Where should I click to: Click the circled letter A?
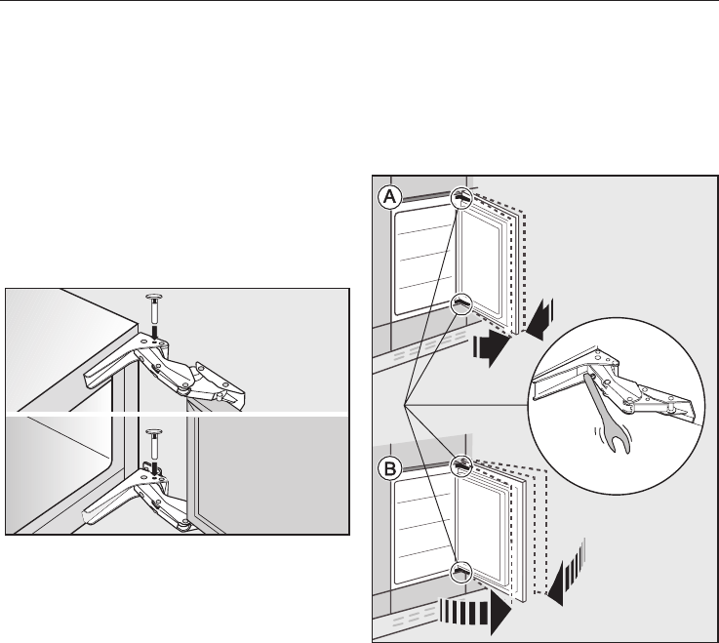point(389,196)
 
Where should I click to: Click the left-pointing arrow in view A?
point(539,322)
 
